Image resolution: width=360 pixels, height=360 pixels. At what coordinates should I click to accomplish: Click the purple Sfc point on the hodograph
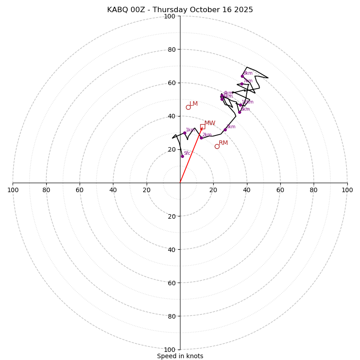click(x=182, y=156)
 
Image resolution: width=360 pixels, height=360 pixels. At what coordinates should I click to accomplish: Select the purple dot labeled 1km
click(x=184, y=133)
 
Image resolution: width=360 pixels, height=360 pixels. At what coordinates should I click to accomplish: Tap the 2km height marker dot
click(x=201, y=138)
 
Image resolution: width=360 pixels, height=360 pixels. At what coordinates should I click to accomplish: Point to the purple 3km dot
click(x=225, y=130)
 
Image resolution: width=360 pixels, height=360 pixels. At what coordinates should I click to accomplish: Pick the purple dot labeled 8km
click(x=242, y=76)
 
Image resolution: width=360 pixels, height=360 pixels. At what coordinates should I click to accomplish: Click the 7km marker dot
click(x=242, y=84)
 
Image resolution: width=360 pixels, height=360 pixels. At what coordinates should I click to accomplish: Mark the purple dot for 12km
click(x=240, y=105)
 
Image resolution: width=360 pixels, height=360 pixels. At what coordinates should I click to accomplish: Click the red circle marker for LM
click(x=188, y=107)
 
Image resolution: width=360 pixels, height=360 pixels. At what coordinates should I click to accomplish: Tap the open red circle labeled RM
click(x=217, y=146)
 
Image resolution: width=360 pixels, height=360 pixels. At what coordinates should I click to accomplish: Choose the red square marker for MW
click(x=202, y=126)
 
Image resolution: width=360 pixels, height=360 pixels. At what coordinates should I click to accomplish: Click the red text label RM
click(x=223, y=143)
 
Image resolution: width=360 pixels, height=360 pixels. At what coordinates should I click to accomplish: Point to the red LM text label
click(x=193, y=104)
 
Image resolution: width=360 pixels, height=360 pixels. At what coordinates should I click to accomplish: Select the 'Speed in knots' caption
click(x=180, y=356)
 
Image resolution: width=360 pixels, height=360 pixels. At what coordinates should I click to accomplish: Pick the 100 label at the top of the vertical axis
click(x=170, y=17)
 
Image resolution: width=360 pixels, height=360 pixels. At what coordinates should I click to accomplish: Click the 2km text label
click(x=207, y=135)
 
